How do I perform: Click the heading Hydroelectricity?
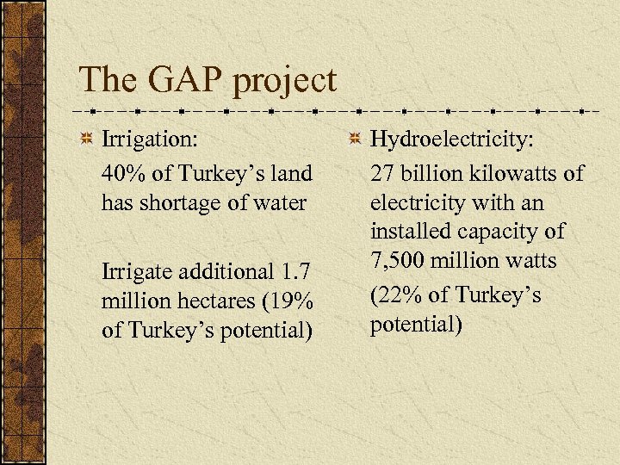pyautogui.click(x=451, y=139)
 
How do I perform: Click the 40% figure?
pyautogui.click(x=123, y=172)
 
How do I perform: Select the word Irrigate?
pyautogui.click(x=139, y=272)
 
